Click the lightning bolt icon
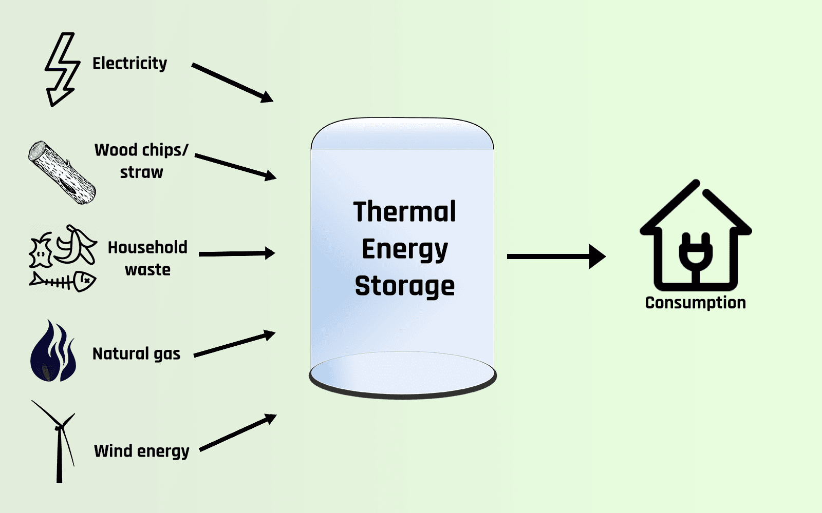[62, 69]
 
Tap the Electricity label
[129, 63]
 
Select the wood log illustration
[62, 173]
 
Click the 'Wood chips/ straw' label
[141, 161]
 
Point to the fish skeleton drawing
[63, 281]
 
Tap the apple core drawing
[41, 250]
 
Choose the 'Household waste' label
[147, 258]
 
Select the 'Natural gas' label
[136, 353]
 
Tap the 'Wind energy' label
[142, 451]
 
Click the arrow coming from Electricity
[232, 82]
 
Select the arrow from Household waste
[236, 253]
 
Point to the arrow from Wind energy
[237, 433]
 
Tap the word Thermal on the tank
[404, 211]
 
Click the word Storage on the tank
[404, 286]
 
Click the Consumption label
[695, 303]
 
